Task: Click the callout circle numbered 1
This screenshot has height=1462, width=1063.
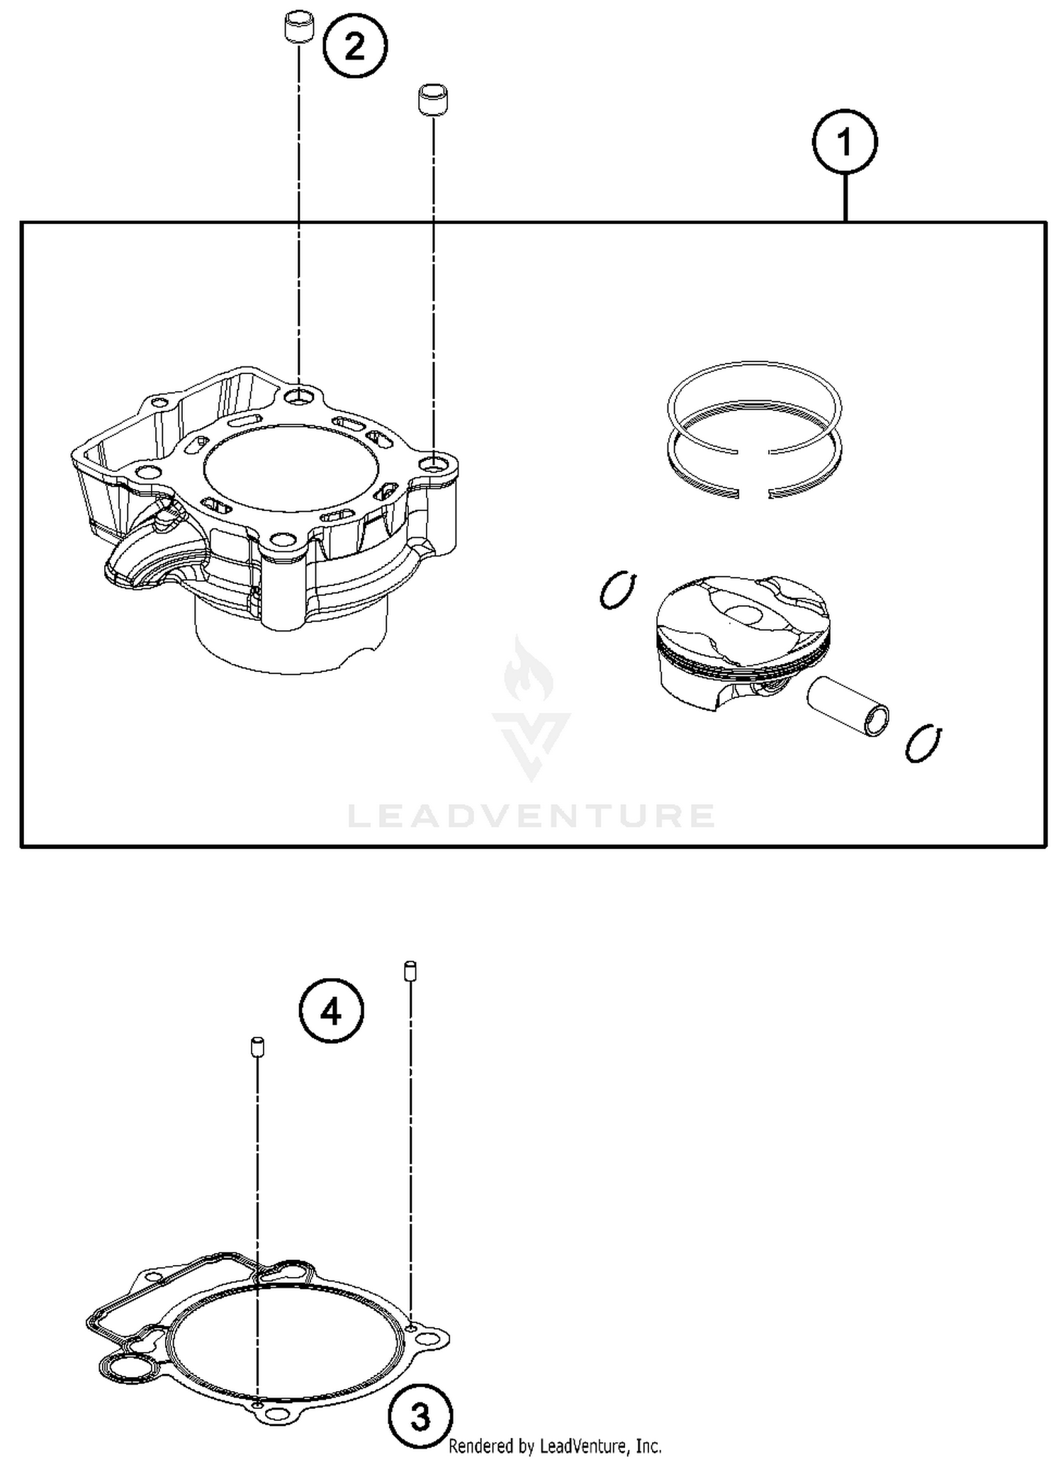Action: point(844,142)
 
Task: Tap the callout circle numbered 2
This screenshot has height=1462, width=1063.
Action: point(354,47)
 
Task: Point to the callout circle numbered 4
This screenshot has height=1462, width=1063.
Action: point(331,1011)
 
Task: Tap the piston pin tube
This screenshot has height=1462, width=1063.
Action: point(847,707)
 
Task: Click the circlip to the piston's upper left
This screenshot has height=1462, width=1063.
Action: point(618,590)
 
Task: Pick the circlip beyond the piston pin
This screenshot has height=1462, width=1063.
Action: point(923,744)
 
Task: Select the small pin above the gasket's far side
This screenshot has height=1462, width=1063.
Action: point(410,971)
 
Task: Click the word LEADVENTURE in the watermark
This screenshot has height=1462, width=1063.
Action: point(531,816)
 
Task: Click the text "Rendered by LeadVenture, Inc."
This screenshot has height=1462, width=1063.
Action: point(555,1446)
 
